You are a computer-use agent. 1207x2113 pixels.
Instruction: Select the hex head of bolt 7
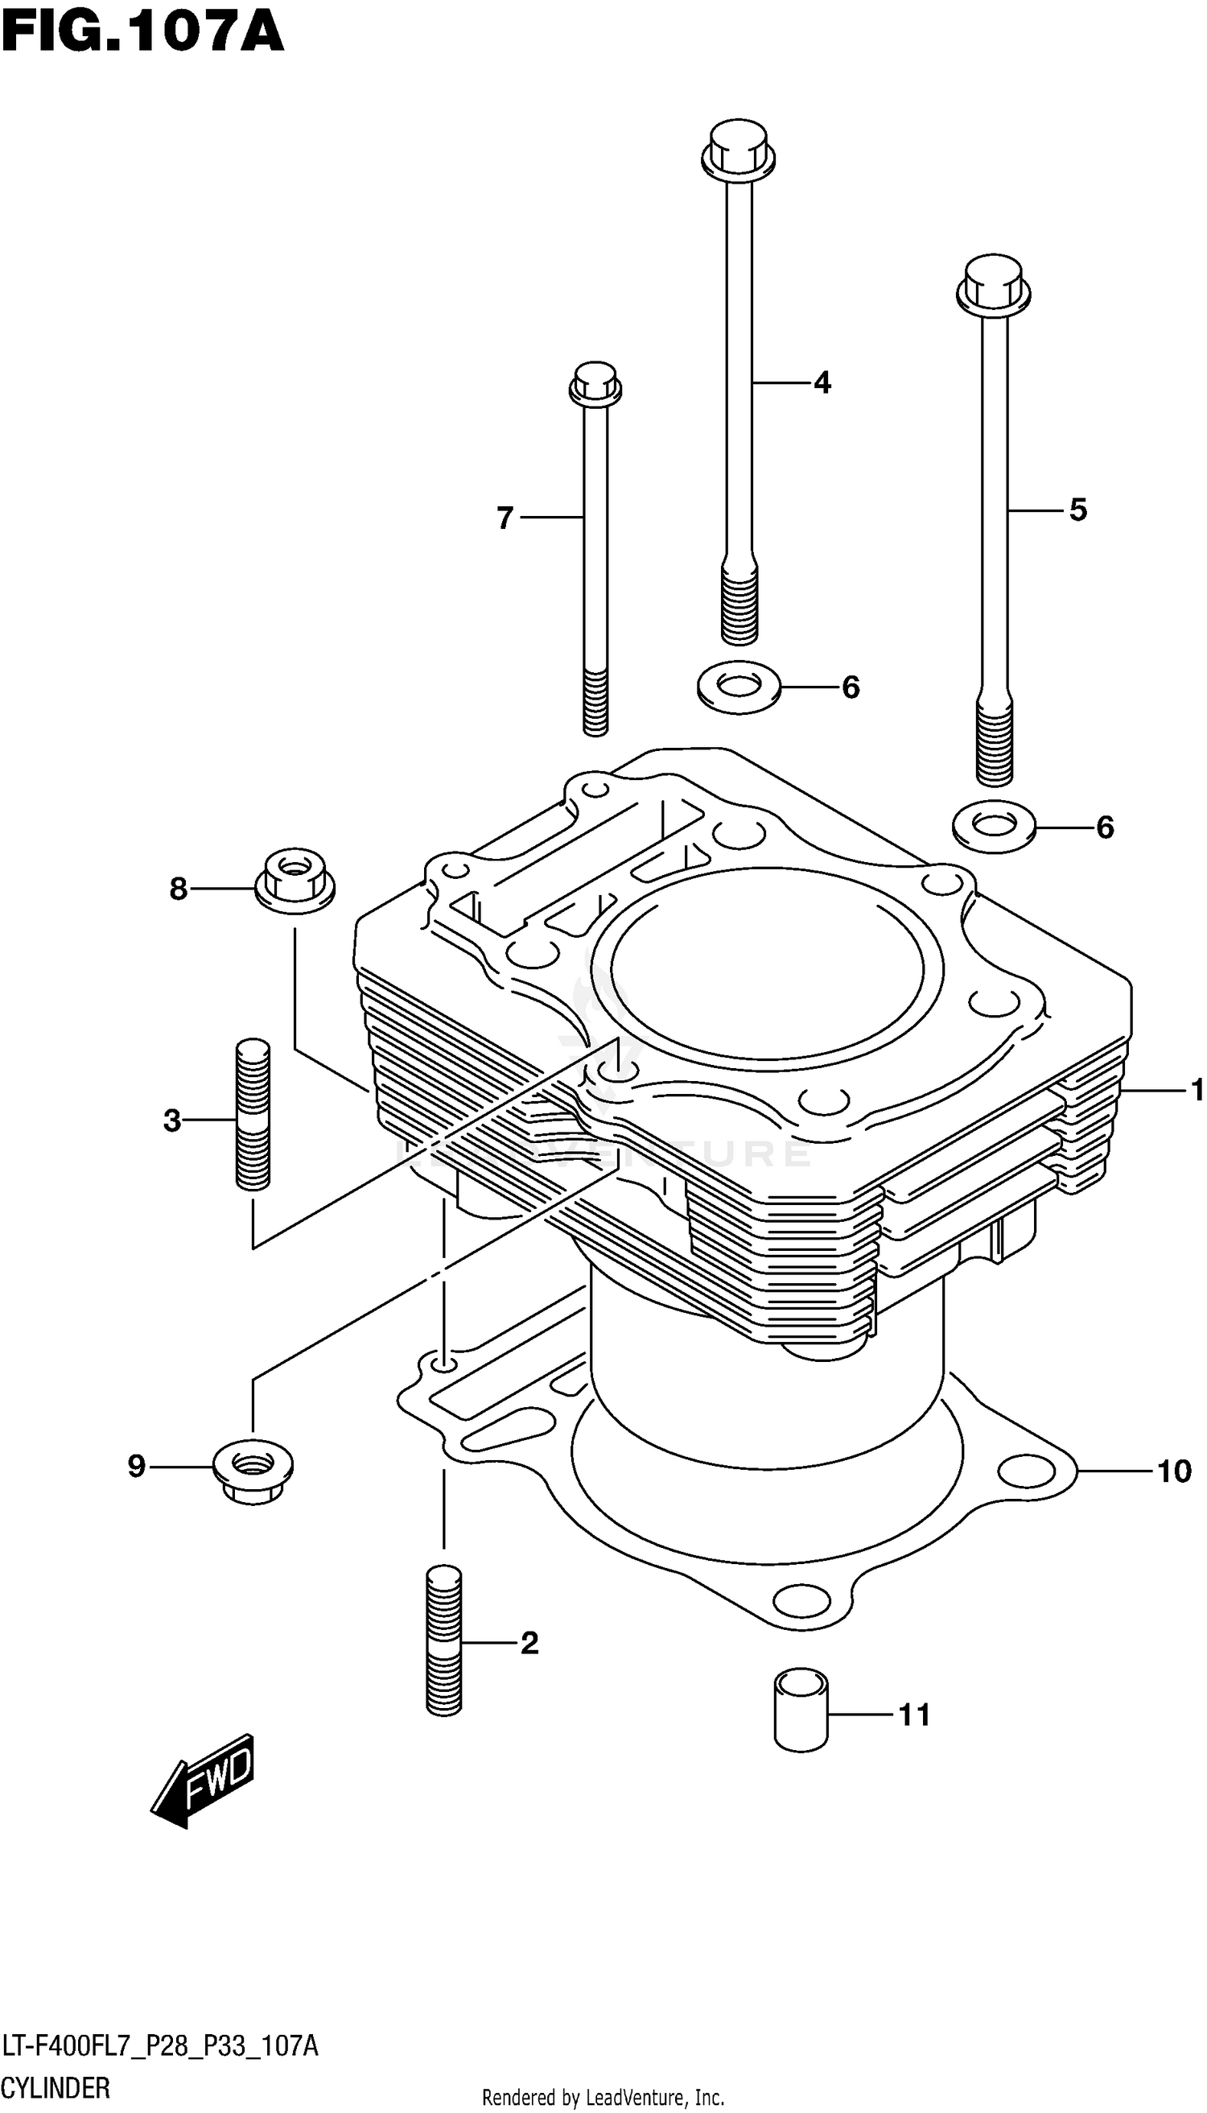point(595,383)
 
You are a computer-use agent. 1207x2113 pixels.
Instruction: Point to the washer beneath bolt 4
point(739,687)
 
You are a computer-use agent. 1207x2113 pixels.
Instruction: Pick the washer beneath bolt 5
point(993,826)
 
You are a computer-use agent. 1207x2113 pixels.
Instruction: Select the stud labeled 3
point(253,1116)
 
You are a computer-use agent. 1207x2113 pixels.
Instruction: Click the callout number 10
point(1173,1471)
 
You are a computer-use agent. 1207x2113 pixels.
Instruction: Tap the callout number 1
point(1196,1090)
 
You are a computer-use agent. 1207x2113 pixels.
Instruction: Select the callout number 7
point(505,518)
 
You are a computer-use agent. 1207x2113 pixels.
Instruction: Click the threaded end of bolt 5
point(994,743)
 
